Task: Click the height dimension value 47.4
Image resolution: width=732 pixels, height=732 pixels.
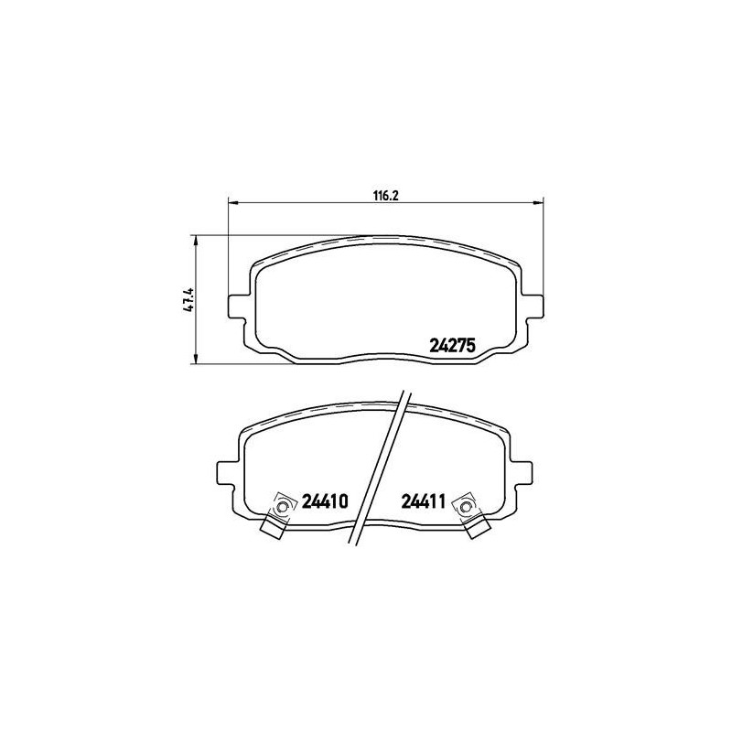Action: click(x=187, y=299)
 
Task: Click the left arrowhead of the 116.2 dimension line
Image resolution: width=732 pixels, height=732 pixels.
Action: click(x=231, y=202)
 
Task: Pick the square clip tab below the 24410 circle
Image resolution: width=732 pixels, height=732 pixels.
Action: click(x=273, y=526)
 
